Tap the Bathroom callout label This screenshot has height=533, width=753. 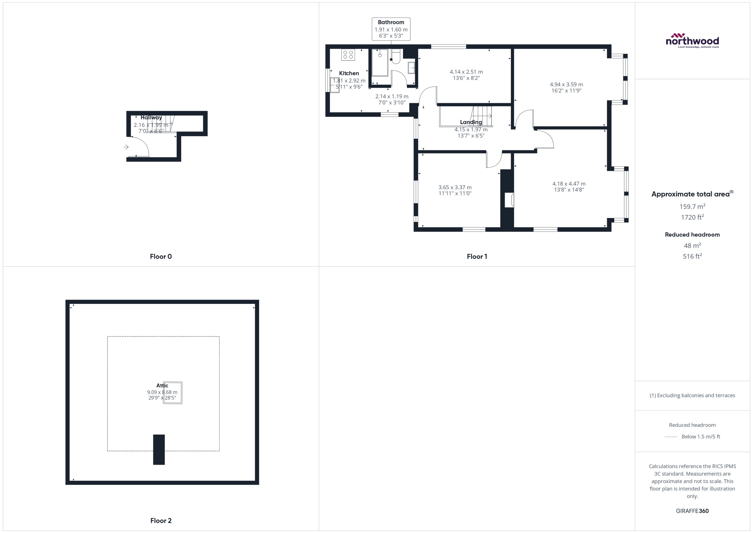[x=391, y=29]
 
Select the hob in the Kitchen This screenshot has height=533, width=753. [x=348, y=54]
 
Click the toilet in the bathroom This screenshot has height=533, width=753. [x=396, y=57]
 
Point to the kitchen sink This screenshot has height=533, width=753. [x=335, y=85]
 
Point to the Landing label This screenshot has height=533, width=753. [x=471, y=122]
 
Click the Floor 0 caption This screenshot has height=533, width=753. [x=161, y=256]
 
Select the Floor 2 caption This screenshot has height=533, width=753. [x=161, y=521]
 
